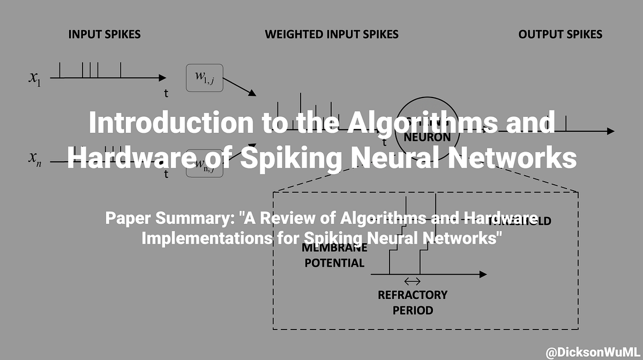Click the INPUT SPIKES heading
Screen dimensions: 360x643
coord(104,35)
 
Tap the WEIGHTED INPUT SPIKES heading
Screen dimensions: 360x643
coord(332,35)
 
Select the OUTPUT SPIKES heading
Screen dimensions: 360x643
coord(560,35)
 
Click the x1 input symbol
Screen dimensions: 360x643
coord(35,78)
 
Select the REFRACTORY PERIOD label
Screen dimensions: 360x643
coord(412,303)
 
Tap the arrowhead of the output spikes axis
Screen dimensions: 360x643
coord(610,131)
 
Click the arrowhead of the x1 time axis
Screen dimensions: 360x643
coord(162,78)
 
